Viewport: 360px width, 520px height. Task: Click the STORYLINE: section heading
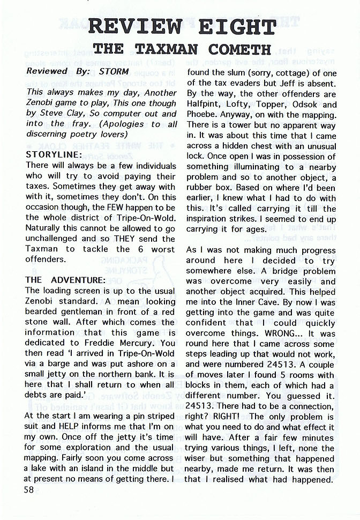(x=54, y=154)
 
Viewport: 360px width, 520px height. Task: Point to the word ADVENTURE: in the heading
(x=79, y=280)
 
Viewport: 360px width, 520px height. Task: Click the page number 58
(x=31, y=489)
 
